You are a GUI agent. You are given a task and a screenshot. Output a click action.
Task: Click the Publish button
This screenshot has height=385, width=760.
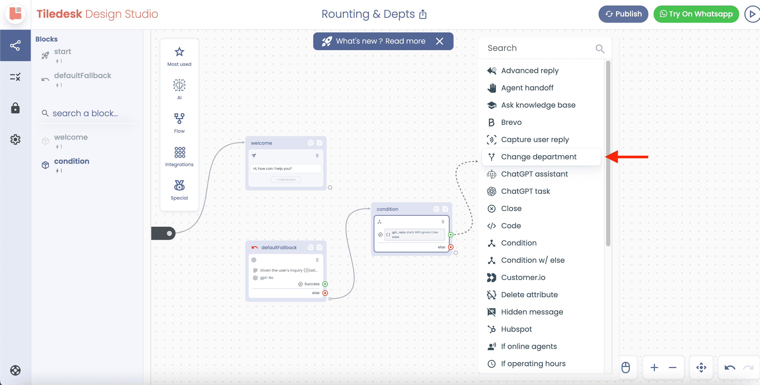coord(623,14)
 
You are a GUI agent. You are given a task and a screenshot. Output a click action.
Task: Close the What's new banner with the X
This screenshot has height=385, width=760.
coord(439,41)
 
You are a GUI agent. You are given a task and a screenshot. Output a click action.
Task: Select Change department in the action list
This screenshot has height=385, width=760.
coord(538,157)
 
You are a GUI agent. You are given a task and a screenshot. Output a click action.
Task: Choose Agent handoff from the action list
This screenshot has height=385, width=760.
coord(527,88)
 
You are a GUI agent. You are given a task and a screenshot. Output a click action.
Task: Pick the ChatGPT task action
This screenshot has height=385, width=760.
coord(525,191)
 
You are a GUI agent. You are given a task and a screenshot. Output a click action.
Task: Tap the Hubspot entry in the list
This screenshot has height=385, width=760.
coord(516,329)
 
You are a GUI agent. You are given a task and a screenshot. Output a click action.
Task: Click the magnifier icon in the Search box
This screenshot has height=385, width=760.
coord(600,49)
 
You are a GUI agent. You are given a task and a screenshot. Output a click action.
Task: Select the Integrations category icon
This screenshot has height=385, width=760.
coord(179,153)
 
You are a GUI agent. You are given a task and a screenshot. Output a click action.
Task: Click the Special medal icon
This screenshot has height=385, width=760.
coord(179,185)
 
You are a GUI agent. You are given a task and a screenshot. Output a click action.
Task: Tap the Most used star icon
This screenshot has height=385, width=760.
coord(179,52)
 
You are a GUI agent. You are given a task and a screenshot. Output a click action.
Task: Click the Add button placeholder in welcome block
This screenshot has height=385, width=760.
coord(286,180)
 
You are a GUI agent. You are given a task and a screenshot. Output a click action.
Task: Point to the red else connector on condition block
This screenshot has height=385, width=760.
coord(451,247)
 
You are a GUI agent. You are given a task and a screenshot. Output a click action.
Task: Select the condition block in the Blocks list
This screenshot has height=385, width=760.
coord(71,161)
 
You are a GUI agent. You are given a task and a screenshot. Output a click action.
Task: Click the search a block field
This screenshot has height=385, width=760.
coord(85,113)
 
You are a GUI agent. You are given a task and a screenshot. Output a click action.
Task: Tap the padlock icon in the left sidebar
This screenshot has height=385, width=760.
coord(15,108)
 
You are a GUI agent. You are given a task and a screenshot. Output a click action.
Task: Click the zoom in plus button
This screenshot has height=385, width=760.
coord(654,367)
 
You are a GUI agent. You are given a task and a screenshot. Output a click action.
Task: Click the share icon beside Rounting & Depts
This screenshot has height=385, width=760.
coord(423,14)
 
